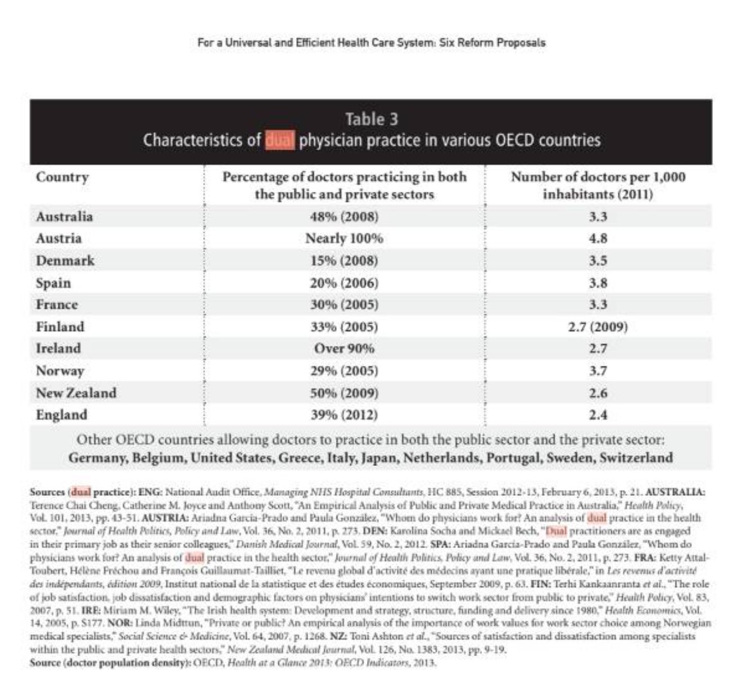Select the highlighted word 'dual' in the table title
tap(279, 140)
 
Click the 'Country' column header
tap(62, 177)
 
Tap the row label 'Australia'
tap(64, 217)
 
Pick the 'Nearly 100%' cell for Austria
tap(344, 239)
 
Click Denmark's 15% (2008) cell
tap(344, 261)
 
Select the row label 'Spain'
tap(53, 283)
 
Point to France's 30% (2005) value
tap(344, 304)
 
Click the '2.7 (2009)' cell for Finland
tap(598, 327)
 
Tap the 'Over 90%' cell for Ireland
tap(344, 348)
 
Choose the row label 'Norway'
tap(60, 371)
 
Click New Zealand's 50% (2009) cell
tap(344, 393)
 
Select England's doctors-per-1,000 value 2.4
tap(598, 415)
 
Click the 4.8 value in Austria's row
tap(598, 239)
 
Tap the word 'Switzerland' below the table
tap(636, 458)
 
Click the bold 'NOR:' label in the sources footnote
tap(120, 624)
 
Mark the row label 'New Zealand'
tap(76, 393)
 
